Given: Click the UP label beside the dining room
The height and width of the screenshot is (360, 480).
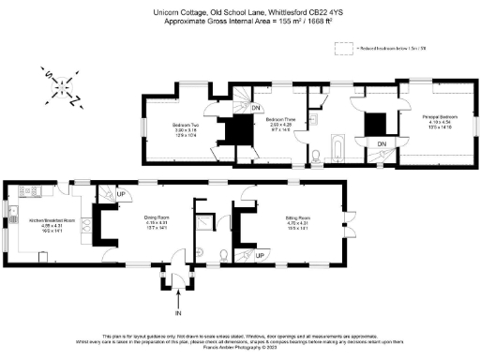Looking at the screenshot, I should point(121,195).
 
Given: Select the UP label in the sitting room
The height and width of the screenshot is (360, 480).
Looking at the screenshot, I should point(260,251).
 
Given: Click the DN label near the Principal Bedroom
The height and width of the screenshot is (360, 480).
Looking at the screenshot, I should point(382,142).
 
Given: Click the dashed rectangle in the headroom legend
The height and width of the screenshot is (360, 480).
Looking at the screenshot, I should point(349,46).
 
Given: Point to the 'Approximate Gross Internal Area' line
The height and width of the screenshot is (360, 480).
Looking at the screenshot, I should point(239,20).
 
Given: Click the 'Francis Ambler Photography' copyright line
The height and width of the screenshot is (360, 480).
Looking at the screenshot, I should point(239,354).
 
